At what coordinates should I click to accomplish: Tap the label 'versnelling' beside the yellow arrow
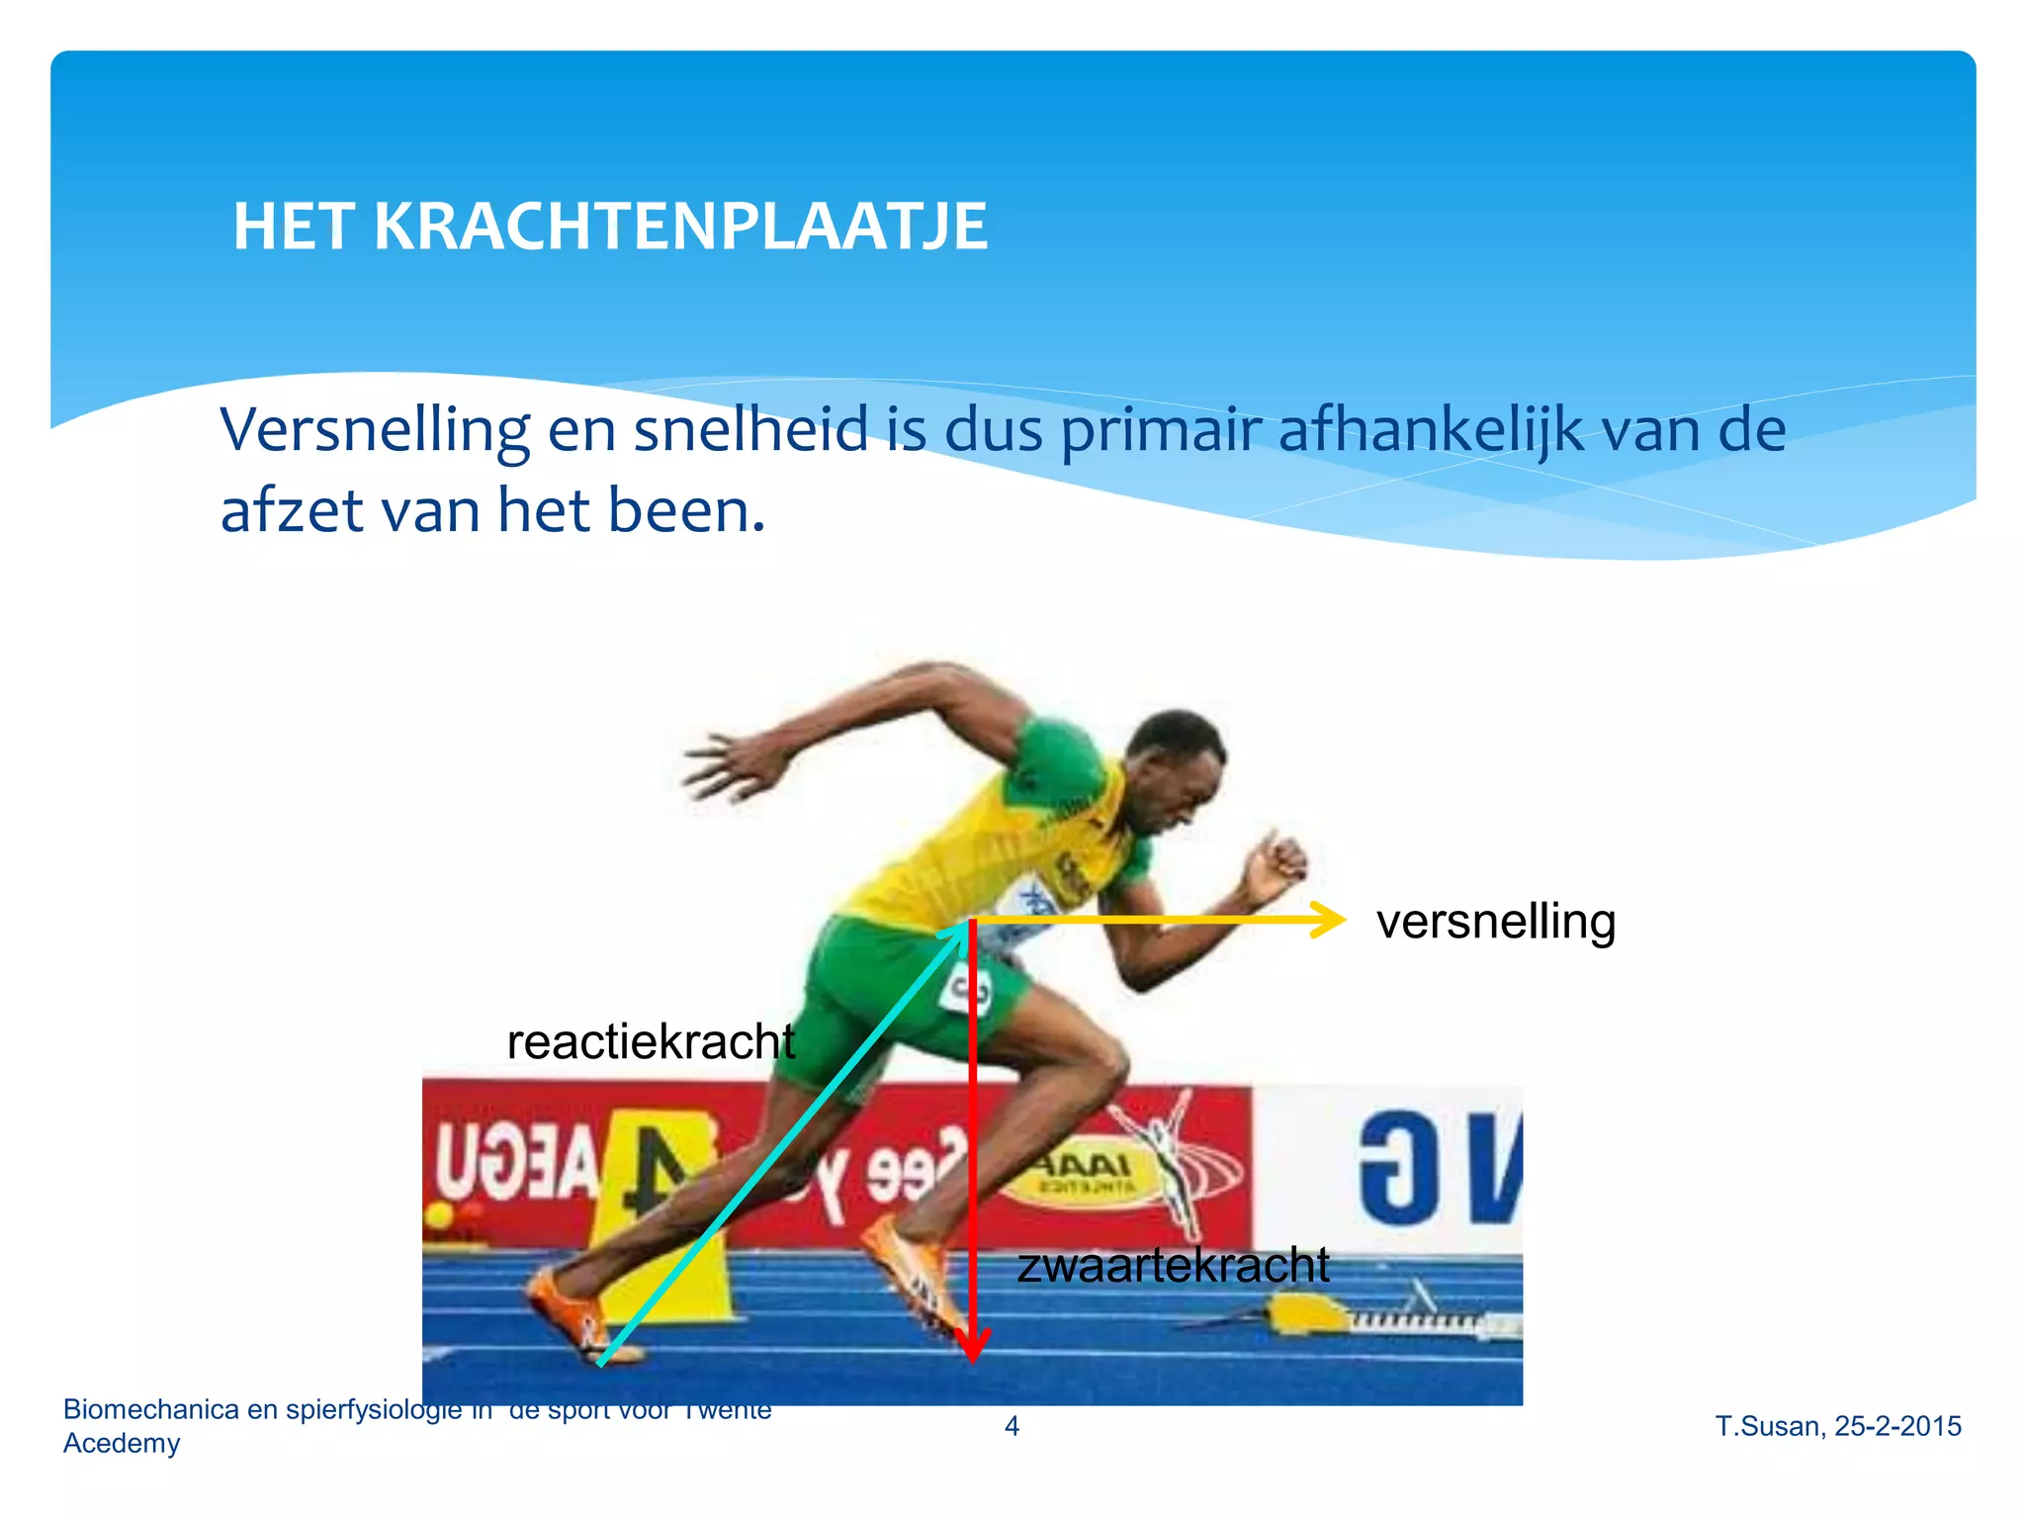point(1495,922)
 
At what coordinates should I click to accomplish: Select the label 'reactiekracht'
point(651,1042)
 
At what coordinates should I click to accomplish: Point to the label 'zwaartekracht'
point(1173,1266)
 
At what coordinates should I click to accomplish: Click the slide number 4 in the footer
point(1012,1426)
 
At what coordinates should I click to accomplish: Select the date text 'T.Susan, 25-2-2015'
point(1838,1426)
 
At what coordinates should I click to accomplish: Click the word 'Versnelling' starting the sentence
point(375,431)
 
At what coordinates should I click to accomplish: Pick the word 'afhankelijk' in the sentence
point(1431,431)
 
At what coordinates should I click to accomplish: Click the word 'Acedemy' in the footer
point(122,1444)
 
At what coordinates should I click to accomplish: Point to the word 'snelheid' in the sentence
point(750,431)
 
